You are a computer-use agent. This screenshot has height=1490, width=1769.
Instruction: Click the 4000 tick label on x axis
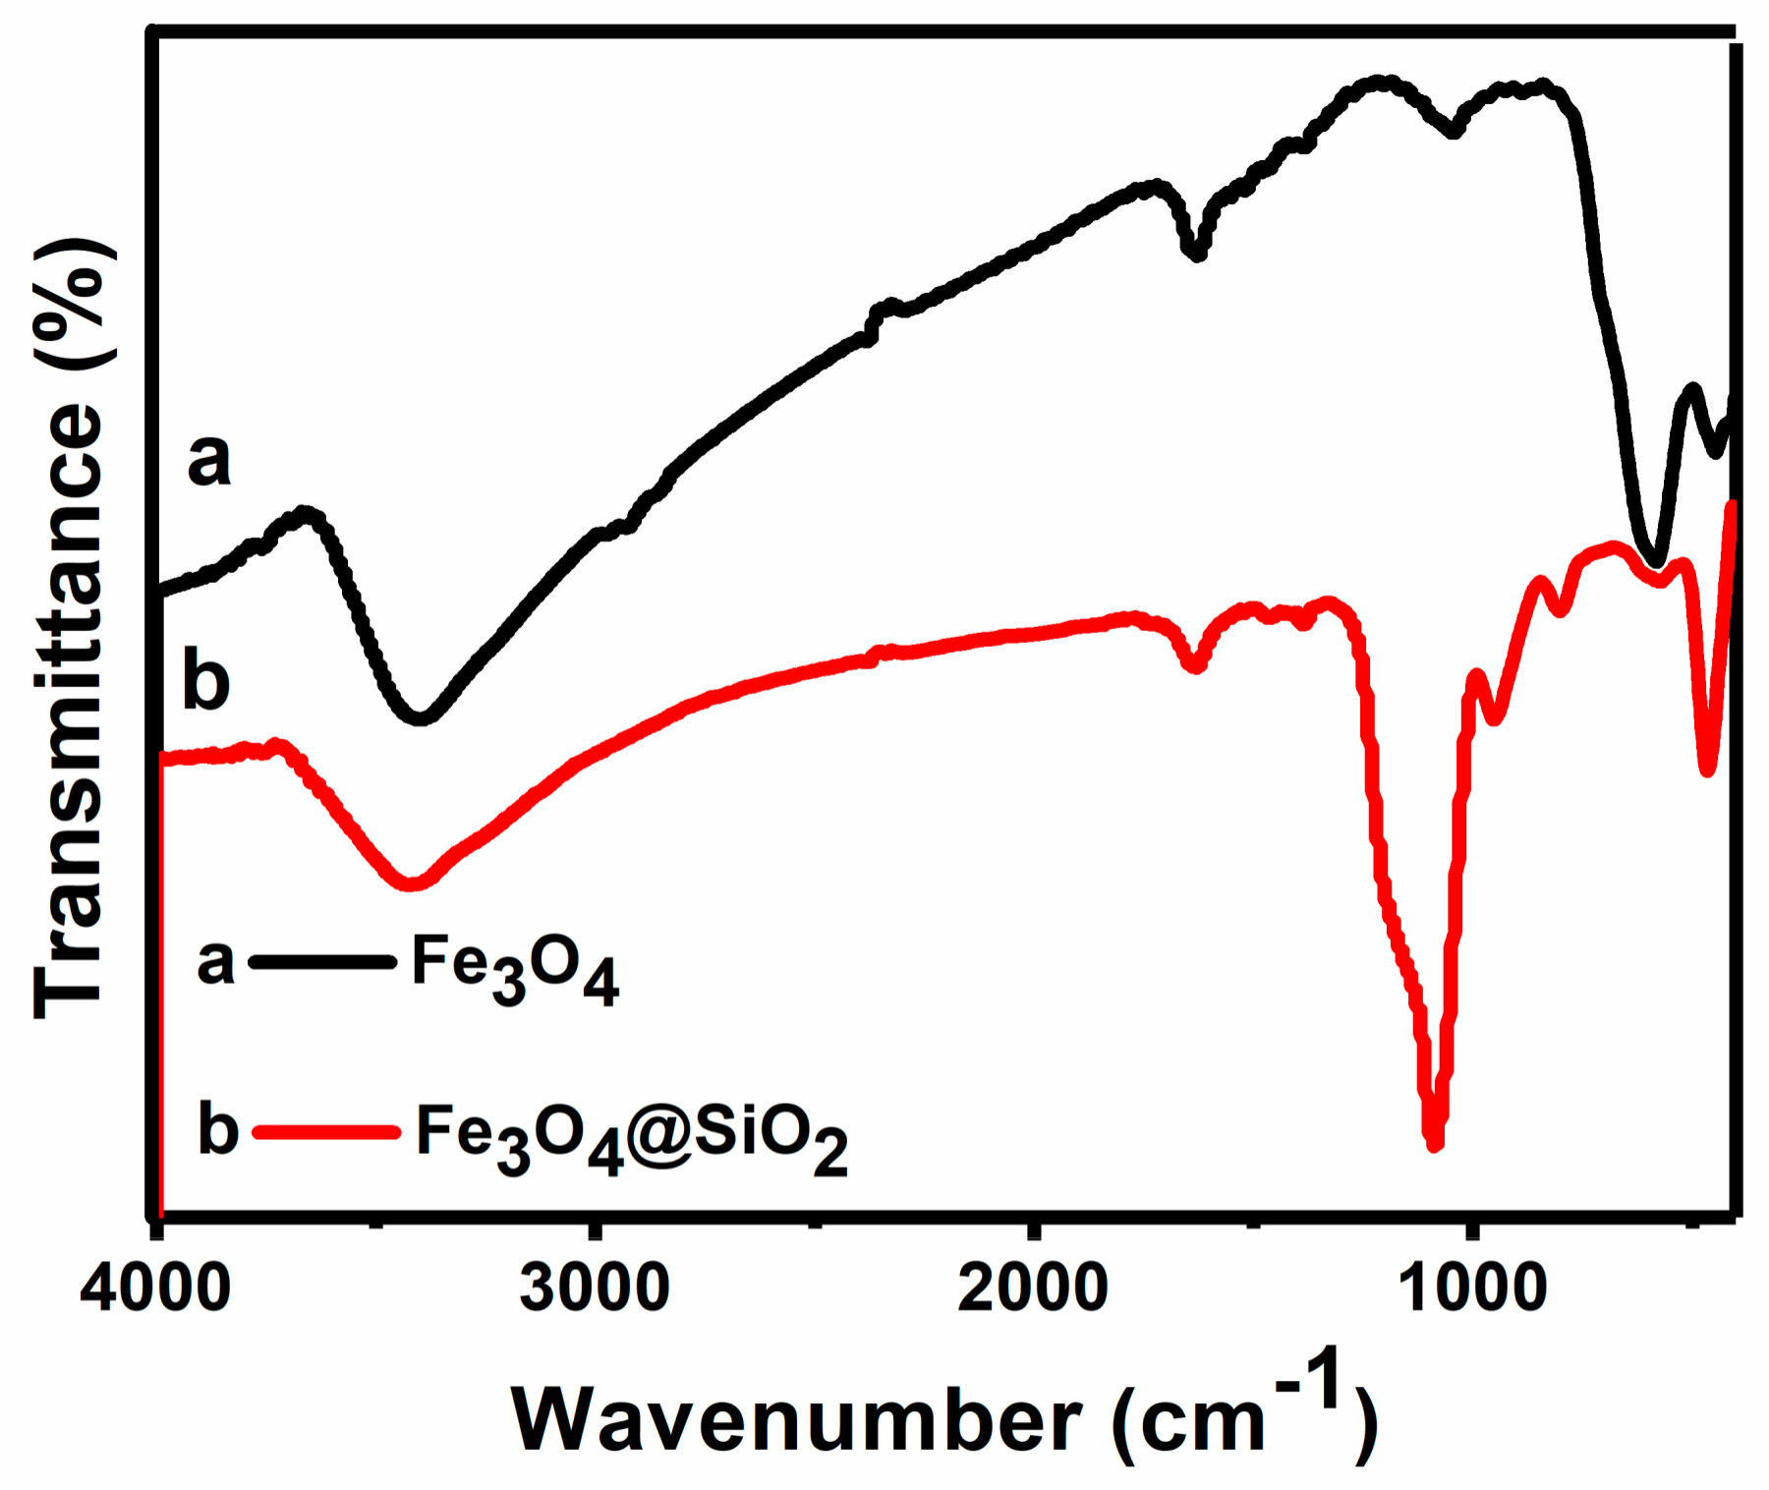tap(155, 1288)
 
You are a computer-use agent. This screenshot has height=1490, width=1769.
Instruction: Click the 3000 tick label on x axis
tap(595, 1288)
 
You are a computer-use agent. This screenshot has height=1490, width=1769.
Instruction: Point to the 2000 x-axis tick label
tap(1032, 1288)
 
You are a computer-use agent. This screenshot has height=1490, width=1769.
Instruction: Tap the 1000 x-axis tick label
tap(1471, 1288)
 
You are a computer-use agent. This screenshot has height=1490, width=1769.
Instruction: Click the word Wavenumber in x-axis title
tap(796, 1420)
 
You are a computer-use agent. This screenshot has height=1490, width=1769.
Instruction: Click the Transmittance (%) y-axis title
tap(69, 629)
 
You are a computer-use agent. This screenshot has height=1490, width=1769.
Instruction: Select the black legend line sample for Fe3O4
tap(322, 961)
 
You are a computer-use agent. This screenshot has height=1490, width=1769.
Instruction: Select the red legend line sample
tap(326, 1132)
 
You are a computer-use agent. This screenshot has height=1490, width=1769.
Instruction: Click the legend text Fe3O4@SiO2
tap(631, 1135)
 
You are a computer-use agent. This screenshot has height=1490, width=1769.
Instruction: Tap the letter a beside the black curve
tap(209, 459)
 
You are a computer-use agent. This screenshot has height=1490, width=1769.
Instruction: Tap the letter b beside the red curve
tap(206, 680)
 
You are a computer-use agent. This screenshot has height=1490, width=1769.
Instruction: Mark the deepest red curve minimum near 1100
tap(1434, 1143)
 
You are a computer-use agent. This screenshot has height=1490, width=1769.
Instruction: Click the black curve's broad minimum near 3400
tap(421, 718)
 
